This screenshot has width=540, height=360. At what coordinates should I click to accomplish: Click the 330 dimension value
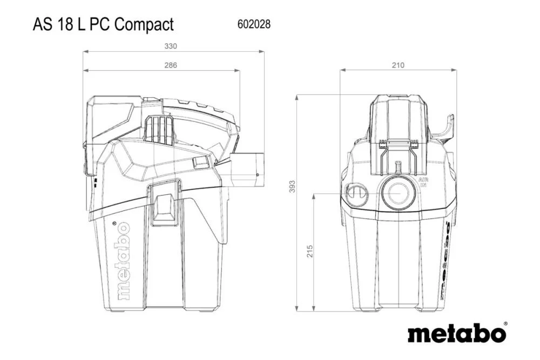click(x=170, y=46)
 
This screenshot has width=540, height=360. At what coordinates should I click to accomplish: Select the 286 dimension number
click(x=170, y=65)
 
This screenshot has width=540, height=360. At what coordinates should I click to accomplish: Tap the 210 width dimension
click(x=397, y=65)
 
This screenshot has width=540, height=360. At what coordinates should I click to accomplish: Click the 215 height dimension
click(x=310, y=252)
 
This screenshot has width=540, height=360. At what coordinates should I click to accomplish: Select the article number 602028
click(x=254, y=24)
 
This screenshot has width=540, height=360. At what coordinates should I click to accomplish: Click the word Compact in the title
click(x=144, y=24)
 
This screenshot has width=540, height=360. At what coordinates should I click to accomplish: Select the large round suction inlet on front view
click(x=398, y=192)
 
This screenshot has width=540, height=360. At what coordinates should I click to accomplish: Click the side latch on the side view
click(x=165, y=204)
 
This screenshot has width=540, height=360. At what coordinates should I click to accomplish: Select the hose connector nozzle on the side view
click(x=246, y=168)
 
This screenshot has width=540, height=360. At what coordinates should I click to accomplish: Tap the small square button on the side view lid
click(x=200, y=162)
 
